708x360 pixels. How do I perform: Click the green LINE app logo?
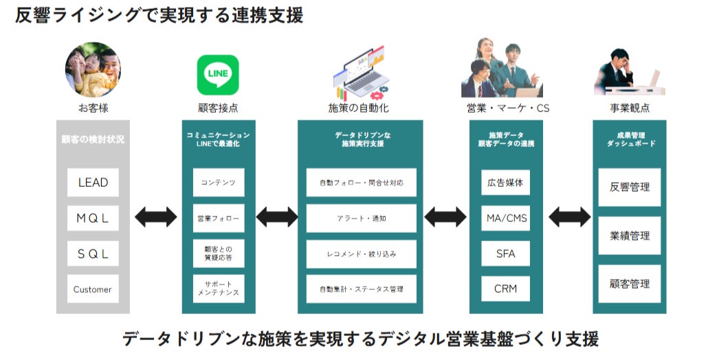point(218,75)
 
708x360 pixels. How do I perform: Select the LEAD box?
point(93,182)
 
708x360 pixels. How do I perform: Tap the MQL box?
point(93,218)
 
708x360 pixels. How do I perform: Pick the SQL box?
point(93,254)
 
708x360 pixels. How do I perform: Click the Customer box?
point(93,289)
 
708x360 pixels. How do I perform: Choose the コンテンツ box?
point(219,182)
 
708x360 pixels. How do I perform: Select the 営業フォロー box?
point(219,218)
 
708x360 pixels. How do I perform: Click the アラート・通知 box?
point(362,218)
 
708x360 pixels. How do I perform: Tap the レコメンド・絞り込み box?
point(362,254)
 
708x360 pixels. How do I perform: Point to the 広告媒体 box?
point(506,183)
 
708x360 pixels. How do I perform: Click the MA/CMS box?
point(506,218)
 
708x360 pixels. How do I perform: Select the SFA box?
point(506,254)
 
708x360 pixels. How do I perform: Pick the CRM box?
point(506,289)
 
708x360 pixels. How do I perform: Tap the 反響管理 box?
point(630,188)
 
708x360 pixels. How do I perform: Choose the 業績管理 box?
point(630,236)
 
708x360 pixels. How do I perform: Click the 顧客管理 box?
point(630,284)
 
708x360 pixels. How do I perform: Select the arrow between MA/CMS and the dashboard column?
point(569,217)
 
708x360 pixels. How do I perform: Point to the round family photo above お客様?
point(93,69)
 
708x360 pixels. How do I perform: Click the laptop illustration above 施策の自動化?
point(360,73)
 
